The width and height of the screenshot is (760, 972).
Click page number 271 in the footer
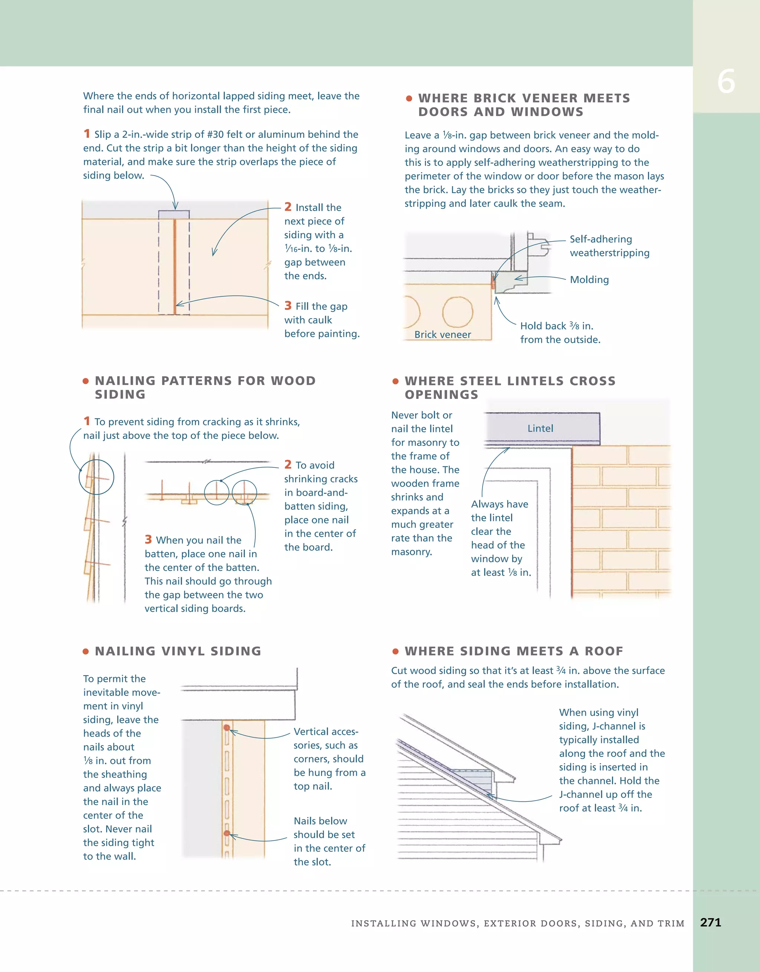point(710,922)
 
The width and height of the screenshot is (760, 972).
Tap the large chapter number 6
point(726,82)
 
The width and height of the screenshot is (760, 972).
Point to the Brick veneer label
point(443,335)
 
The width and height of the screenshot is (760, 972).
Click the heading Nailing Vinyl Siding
point(178,651)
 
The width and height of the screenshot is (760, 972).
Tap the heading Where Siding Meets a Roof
point(514,651)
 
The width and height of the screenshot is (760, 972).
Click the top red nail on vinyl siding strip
point(227,728)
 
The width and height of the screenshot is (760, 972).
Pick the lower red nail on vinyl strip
point(227,833)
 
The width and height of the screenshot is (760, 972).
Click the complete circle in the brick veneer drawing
point(458,312)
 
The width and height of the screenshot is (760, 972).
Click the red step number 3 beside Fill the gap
point(288,306)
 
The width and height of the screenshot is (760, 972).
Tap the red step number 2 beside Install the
point(288,207)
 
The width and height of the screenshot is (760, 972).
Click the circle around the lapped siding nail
point(96,477)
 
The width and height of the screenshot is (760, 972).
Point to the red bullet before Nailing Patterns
point(85,381)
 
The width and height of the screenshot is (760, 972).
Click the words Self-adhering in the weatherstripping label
point(600,239)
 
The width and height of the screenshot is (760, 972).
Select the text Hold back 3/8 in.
point(557,326)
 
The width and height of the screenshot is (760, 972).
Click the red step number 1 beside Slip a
point(87,134)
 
